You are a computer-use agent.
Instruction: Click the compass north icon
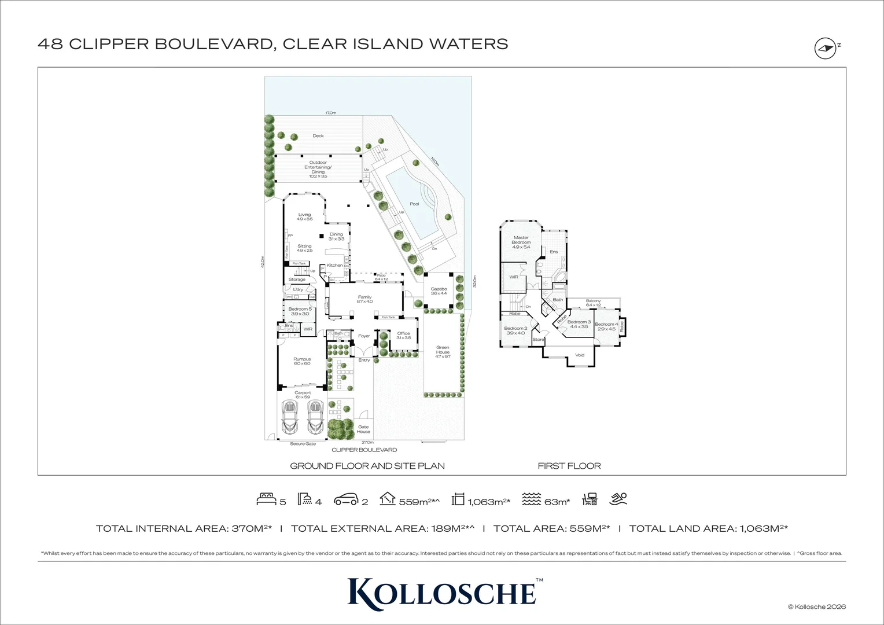click(x=826, y=49)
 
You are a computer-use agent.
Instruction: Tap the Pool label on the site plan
click(x=414, y=204)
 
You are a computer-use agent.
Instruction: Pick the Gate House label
click(x=363, y=429)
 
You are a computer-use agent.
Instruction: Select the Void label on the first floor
click(x=580, y=355)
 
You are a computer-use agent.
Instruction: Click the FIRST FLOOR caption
click(x=569, y=466)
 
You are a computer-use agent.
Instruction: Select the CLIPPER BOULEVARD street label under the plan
click(x=364, y=450)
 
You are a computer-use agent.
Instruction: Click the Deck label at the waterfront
click(x=318, y=136)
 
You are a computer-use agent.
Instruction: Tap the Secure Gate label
click(x=303, y=444)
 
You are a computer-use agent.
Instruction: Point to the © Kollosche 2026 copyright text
click(x=816, y=606)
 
